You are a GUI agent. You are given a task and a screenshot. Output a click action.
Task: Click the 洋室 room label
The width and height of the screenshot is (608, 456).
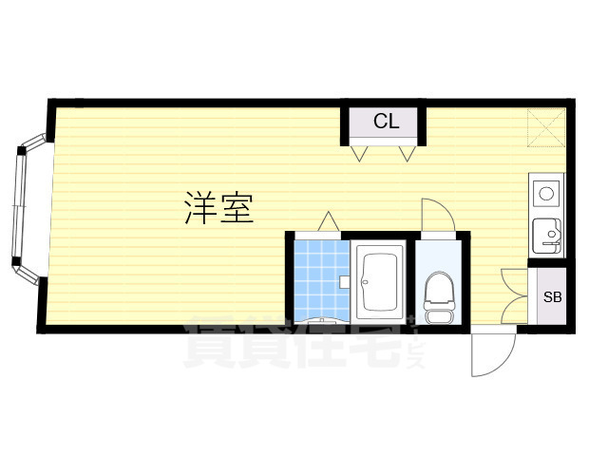[x=219, y=208]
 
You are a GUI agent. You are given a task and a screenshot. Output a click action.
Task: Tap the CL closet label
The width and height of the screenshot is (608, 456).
[x=385, y=122]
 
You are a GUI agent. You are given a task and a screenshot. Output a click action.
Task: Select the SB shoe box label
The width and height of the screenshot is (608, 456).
[x=552, y=296]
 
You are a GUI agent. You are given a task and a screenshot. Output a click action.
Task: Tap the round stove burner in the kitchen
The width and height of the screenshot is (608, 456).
[x=547, y=195]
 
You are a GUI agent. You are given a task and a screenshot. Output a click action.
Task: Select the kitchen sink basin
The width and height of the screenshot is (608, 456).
[x=547, y=232]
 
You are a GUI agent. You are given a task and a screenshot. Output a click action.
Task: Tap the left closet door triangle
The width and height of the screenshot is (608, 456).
[x=360, y=152]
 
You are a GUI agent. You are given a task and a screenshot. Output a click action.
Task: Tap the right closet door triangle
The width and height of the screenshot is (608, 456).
[x=408, y=152]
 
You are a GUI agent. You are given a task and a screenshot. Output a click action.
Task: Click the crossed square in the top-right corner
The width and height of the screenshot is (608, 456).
[x=548, y=127]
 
